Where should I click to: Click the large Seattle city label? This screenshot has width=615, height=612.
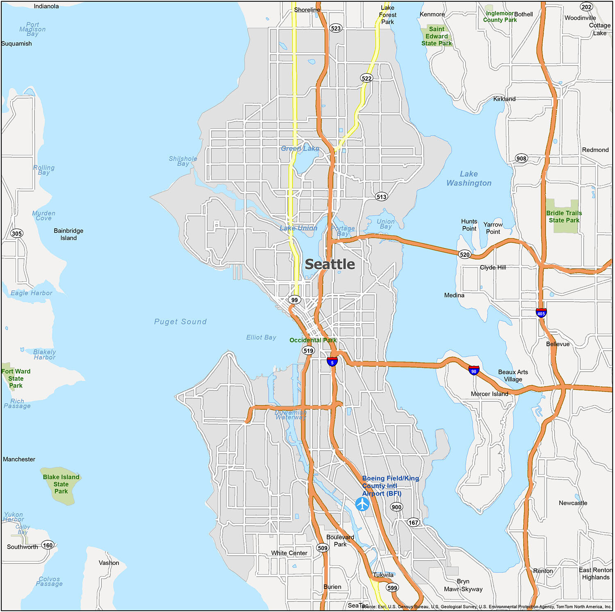[330, 265]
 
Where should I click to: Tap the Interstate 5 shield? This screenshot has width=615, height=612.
[332, 362]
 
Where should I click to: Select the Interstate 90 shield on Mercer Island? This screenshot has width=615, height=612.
[474, 371]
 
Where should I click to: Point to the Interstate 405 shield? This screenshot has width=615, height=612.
[541, 313]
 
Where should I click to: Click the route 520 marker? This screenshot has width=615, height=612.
[465, 254]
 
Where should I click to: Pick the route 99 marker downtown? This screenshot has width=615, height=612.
[294, 300]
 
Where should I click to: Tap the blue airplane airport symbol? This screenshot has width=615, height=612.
[362, 504]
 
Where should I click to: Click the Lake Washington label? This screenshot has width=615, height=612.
[469, 179]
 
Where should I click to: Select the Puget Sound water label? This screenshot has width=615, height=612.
[180, 322]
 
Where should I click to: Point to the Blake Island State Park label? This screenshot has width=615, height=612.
[61, 484]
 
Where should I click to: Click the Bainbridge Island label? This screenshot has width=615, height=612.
[68, 234]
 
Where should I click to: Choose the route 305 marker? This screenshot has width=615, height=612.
[17, 233]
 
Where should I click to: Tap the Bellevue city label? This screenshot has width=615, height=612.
[558, 344]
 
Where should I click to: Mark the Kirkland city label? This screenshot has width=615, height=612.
[504, 99]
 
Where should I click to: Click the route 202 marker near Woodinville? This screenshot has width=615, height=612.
[586, 7]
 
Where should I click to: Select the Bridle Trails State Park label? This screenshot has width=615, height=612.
[564, 217]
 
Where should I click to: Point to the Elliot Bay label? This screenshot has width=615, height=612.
[261, 338]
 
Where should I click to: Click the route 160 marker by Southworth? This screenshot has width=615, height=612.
[48, 545]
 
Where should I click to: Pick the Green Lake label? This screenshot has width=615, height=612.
[300, 149]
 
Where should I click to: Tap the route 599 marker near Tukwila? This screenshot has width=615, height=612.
[392, 588]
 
